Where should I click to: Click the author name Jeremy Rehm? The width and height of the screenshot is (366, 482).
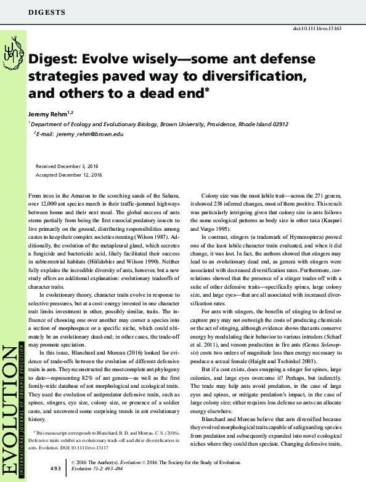(50, 113)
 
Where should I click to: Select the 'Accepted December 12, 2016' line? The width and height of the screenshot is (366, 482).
(69, 175)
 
